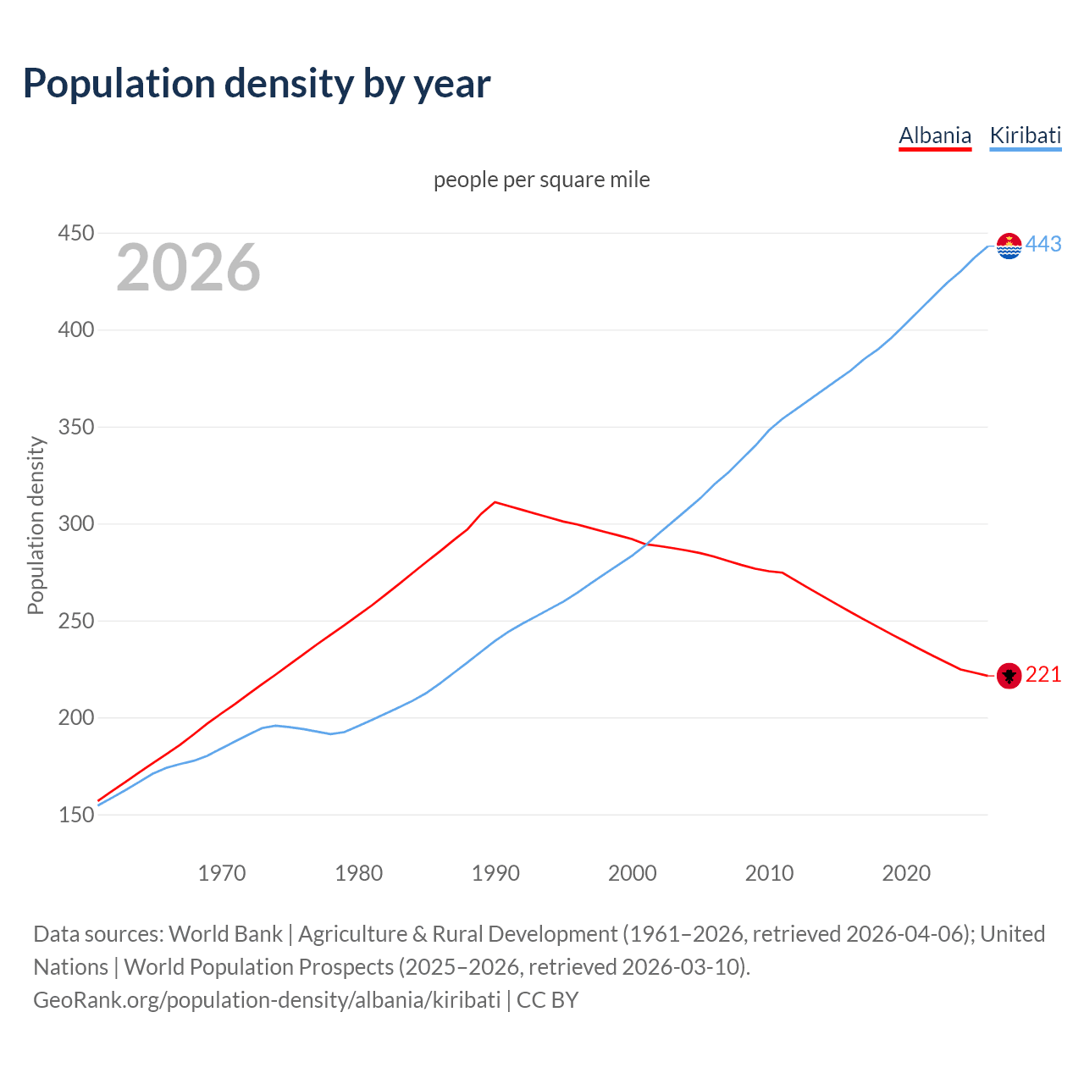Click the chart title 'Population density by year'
tap(257, 83)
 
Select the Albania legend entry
tap(935, 135)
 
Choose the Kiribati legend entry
tap(1025, 135)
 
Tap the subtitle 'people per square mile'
tap(542, 180)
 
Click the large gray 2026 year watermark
tap(188, 268)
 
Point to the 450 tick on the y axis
tap(75, 233)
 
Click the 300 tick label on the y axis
tap(75, 524)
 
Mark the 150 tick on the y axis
tap(75, 815)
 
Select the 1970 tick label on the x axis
tap(222, 873)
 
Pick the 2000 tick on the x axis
tap(633, 873)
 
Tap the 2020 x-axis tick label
tap(906, 873)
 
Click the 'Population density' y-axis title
tap(36, 525)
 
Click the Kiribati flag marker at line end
tap(1009, 246)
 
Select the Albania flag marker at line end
tap(1009, 675)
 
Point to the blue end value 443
tap(1043, 245)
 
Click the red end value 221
tap(1043, 674)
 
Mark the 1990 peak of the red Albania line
tap(495, 502)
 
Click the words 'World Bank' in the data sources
tap(225, 934)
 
